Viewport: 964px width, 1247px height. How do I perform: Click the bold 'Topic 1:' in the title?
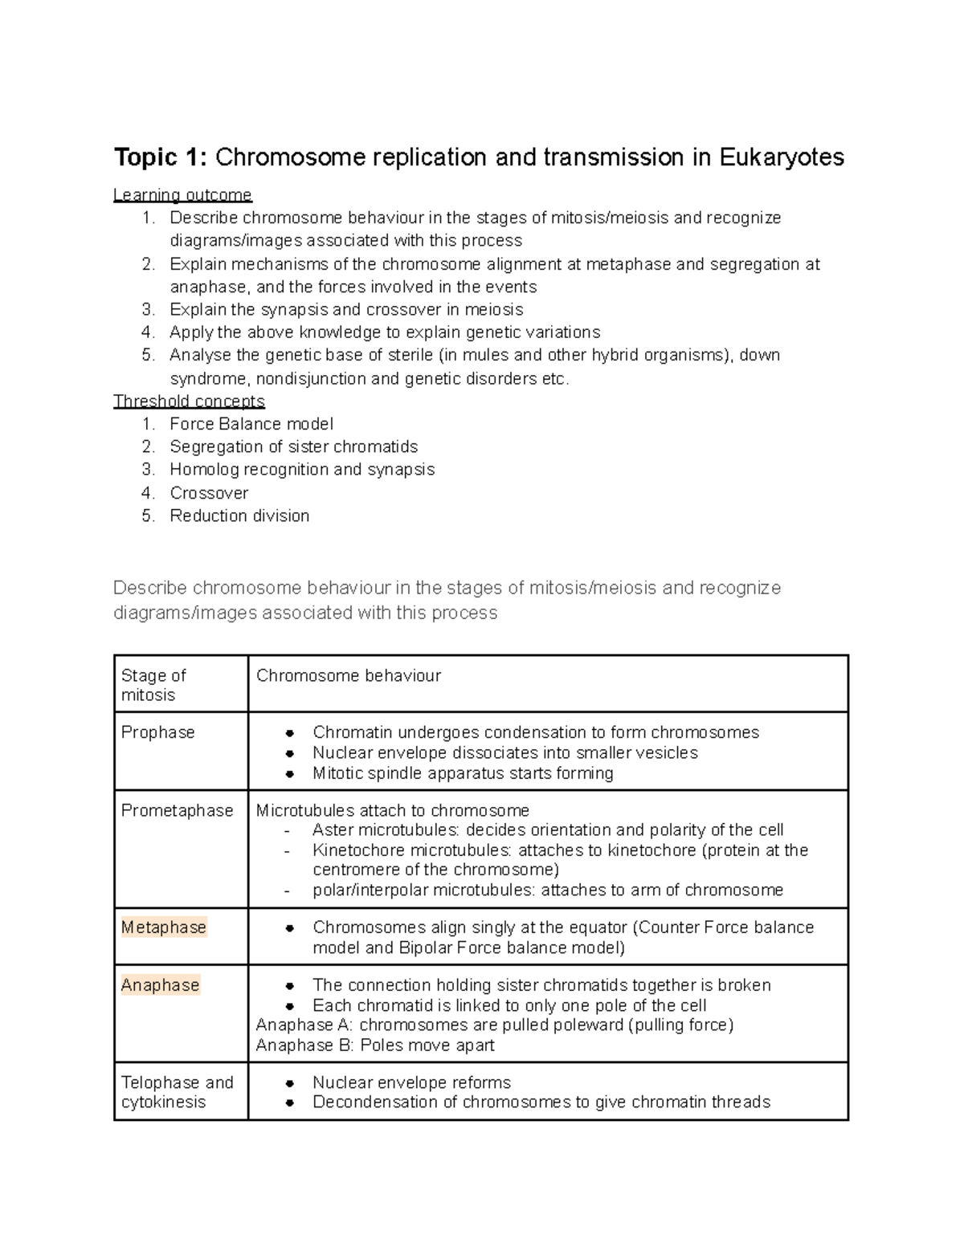coord(161,157)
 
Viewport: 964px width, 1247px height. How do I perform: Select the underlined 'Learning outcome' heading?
coord(182,195)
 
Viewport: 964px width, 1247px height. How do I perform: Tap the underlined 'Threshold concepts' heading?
coord(189,401)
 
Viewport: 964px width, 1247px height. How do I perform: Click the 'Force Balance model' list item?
coord(251,424)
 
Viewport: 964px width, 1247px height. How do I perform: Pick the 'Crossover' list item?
coord(209,493)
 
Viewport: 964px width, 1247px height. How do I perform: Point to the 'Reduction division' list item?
coord(239,516)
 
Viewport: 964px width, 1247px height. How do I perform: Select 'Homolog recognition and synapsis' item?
coord(302,470)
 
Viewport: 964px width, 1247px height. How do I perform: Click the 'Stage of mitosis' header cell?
coord(153,685)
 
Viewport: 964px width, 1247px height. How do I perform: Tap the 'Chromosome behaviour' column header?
coord(348,676)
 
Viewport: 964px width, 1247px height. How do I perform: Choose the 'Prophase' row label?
coord(157,732)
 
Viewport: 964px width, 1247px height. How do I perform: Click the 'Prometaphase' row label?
coord(177,810)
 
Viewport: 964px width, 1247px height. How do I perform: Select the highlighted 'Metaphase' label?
coord(164,927)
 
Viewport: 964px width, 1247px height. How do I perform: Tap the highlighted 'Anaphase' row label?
coord(160,985)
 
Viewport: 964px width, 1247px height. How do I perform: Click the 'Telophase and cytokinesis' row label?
coord(177,1092)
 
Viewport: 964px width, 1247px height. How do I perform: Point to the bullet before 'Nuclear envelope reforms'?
coord(291,1083)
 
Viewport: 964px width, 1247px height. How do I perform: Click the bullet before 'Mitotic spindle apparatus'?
coord(291,774)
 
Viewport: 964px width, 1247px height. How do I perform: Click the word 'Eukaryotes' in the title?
coord(782,157)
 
